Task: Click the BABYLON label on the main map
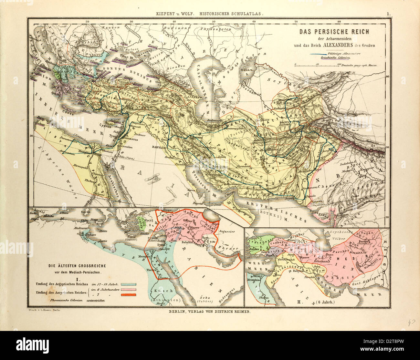(158, 146)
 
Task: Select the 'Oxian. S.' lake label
(246, 72)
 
